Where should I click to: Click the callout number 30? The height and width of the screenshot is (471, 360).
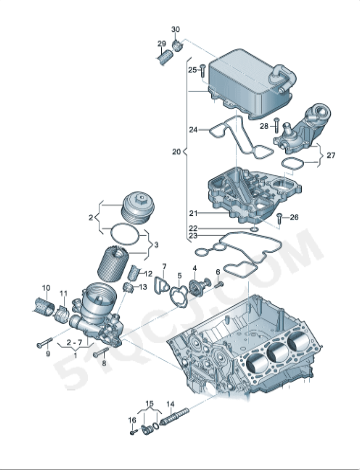(176, 28)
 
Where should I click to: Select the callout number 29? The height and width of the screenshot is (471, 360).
(161, 44)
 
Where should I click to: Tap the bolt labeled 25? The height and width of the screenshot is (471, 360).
(204, 70)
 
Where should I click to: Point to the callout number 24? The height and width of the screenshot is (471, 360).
(192, 128)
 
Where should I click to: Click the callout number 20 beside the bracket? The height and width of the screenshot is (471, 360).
(176, 152)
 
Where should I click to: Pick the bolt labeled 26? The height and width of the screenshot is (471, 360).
(280, 217)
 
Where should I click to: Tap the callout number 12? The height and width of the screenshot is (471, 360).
(147, 273)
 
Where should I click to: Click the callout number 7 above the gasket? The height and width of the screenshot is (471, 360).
(163, 267)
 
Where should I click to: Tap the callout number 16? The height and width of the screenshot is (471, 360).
(131, 420)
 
